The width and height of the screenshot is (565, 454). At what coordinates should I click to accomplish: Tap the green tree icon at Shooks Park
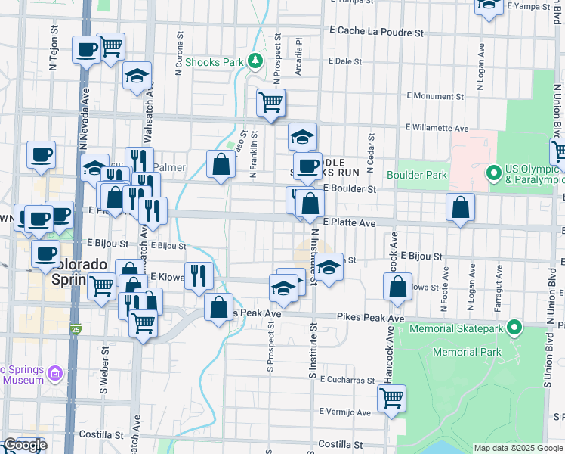tap(256, 60)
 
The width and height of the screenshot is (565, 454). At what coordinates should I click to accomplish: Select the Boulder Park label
tap(417, 175)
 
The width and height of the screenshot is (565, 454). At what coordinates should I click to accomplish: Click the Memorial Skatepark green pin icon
tap(514, 328)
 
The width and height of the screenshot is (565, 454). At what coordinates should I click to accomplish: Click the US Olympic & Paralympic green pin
tap(494, 173)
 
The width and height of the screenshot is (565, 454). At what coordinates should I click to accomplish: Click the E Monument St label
tap(434, 96)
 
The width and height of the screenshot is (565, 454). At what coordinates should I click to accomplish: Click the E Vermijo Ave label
tap(344, 412)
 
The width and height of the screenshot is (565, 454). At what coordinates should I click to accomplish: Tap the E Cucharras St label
tap(347, 380)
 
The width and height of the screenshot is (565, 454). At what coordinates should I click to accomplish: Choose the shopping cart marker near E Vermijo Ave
tap(392, 398)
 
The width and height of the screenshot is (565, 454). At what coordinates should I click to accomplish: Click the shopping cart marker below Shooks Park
tap(270, 102)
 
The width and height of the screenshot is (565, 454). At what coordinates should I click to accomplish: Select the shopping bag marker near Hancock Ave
tap(397, 286)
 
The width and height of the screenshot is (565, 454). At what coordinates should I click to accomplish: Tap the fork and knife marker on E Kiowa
tap(198, 275)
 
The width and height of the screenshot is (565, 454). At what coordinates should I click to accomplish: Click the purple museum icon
tap(54, 372)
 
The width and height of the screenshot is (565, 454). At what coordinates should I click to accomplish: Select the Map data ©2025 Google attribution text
tap(517, 448)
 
